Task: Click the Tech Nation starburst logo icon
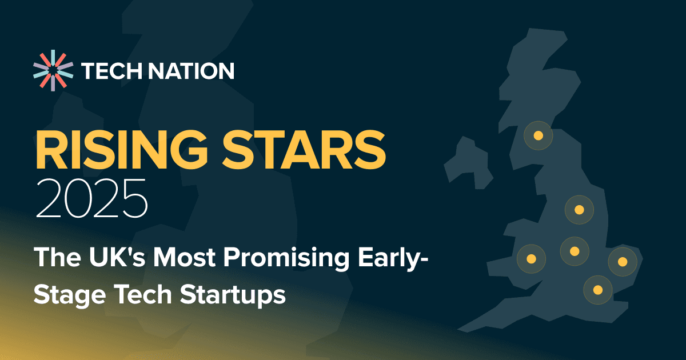(53, 71)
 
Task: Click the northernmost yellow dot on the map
(538, 136)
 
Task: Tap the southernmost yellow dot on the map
(598, 290)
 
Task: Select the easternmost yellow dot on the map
(623, 262)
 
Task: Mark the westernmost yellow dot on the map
(531, 258)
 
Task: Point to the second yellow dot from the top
(579, 210)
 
